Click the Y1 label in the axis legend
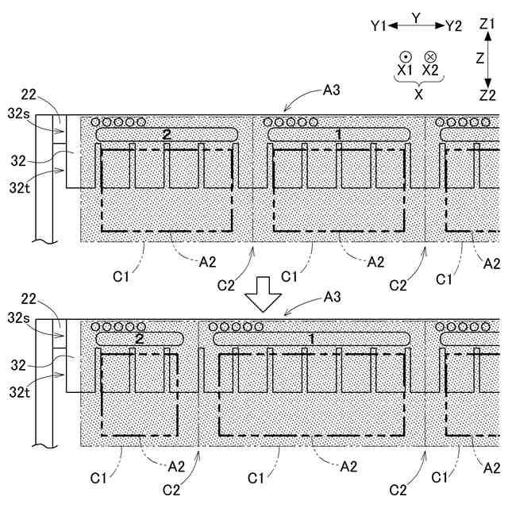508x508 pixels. pyautogui.click(x=378, y=26)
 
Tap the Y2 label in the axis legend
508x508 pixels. pyautogui.click(x=453, y=26)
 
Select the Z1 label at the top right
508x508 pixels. pyautogui.click(x=487, y=25)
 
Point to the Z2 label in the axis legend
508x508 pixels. pyautogui.click(x=487, y=95)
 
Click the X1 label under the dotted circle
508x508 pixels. pyautogui.click(x=405, y=70)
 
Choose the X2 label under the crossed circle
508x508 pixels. pyautogui.click(x=430, y=70)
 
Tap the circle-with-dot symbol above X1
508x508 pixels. pyautogui.click(x=405, y=56)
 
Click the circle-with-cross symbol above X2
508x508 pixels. pyautogui.click(x=430, y=56)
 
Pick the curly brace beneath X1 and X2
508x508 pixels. pyautogui.click(x=418, y=80)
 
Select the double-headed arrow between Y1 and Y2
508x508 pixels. pyautogui.click(x=416, y=26)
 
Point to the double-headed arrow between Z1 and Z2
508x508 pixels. pyautogui.click(x=487, y=60)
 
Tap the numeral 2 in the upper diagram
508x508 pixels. pyautogui.click(x=167, y=134)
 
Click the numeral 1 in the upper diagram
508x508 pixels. pyautogui.click(x=339, y=134)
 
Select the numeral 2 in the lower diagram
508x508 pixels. pyautogui.click(x=140, y=338)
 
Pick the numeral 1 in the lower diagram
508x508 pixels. pyautogui.click(x=311, y=338)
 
